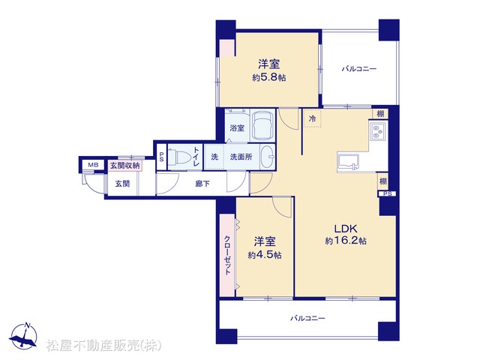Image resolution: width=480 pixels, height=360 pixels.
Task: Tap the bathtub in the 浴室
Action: click(x=263, y=126)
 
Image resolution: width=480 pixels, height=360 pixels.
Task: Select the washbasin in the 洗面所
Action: click(x=268, y=157)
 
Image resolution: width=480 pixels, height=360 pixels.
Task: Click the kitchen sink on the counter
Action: click(x=348, y=162)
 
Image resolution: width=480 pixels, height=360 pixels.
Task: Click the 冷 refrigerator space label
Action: click(x=312, y=118)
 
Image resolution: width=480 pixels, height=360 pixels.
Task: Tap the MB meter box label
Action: click(x=93, y=165)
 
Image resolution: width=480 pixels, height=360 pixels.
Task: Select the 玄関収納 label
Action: click(x=124, y=166)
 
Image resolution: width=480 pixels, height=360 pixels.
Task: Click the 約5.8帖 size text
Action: click(x=269, y=78)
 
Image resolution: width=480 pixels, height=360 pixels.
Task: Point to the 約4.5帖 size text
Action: click(x=265, y=255)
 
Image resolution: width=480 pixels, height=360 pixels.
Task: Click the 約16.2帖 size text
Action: click(x=346, y=241)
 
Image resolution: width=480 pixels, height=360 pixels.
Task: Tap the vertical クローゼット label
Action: click(x=227, y=255)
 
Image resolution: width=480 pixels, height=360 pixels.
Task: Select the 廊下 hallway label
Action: click(x=202, y=184)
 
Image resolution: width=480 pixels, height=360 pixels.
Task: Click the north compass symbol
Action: click(x=23, y=336)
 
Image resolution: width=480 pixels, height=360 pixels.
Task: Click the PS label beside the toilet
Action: click(x=161, y=157)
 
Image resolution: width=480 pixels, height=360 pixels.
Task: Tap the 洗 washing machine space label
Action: click(x=214, y=157)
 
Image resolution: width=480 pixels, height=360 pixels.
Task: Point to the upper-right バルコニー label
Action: click(x=358, y=69)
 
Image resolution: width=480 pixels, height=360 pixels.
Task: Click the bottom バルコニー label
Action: click(x=307, y=318)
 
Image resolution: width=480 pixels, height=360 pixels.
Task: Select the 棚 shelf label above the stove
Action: click(x=380, y=114)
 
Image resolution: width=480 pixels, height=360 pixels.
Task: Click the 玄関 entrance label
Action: click(x=122, y=184)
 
